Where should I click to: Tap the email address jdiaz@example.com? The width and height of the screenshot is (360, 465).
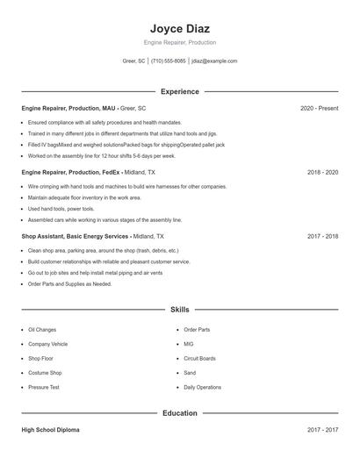214,61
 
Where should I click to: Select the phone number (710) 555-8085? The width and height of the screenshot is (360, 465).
169,61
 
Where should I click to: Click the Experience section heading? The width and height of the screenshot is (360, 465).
179,91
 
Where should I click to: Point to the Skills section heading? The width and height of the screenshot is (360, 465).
179,310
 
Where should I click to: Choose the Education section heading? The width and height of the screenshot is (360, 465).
179,413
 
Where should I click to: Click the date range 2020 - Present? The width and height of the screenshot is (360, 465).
319,108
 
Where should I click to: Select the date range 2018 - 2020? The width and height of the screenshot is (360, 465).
322,173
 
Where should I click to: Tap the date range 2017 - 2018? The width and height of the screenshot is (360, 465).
322,237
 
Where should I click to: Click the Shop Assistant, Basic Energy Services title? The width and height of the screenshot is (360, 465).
76,237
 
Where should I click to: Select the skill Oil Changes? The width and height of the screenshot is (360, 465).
42,330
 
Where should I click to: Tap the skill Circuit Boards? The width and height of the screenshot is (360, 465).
199,358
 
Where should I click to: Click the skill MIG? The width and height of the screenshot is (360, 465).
189,344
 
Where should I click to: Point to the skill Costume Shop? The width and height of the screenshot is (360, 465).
45,373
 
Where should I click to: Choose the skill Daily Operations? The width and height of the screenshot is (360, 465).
203,387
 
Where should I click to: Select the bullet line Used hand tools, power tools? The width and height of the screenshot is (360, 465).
61,209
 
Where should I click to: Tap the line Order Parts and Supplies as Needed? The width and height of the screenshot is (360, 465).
70,284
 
